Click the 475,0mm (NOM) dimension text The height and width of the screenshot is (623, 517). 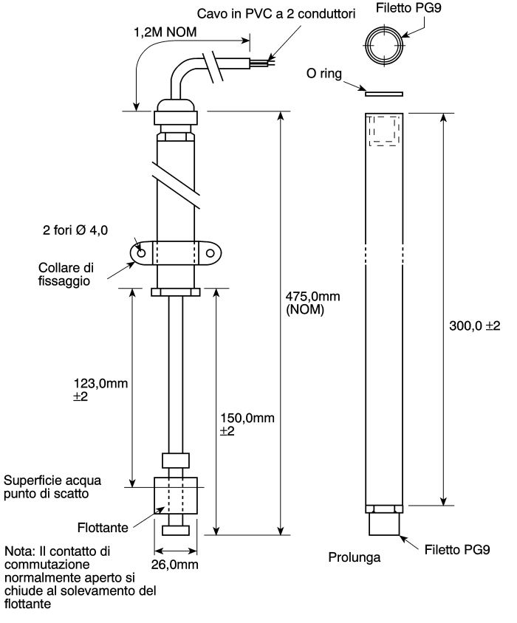click(x=312, y=303)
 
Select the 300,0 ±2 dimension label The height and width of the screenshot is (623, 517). click(x=474, y=326)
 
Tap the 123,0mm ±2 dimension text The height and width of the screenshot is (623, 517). click(x=100, y=390)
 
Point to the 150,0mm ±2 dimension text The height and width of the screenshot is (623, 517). click(x=247, y=424)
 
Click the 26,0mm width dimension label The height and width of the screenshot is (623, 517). click(x=174, y=565)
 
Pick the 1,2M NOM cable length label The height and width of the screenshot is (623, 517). click(x=165, y=32)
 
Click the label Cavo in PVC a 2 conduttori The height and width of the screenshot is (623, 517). click(x=276, y=14)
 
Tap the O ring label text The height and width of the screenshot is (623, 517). click(x=324, y=74)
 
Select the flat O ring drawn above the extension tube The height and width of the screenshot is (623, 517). click(x=384, y=94)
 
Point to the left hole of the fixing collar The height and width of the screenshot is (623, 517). click(x=141, y=253)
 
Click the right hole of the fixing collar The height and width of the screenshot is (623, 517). click(x=210, y=253)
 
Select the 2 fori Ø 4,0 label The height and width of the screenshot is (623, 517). click(x=75, y=230)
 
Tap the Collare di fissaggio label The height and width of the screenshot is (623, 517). click(x=66, y=274)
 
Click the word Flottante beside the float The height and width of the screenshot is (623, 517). click(x=103, y=528)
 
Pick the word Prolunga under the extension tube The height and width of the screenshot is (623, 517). click(x=355, y=557)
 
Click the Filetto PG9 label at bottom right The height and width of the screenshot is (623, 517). click(x=457, y=550)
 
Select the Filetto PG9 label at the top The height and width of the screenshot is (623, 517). click(x=409, y=8)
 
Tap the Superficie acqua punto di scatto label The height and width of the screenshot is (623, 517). click(x=52, y=487)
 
